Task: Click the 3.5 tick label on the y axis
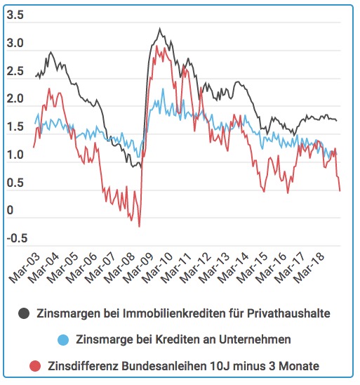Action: [15, 15]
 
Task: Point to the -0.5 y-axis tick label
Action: [17, 238]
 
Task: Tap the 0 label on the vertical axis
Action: [10, 210]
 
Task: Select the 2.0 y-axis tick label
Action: [15, 98]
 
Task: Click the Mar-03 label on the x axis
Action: [24, 268]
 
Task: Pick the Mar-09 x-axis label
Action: [138, 268]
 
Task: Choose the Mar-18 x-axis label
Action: [309, 268]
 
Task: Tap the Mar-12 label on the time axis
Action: [195, 268]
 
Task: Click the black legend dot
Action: [24, 313]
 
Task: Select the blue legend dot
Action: [63, 340]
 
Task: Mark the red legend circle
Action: [35, 366]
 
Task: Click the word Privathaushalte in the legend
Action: [288, 313]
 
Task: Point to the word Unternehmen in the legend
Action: [255, 339]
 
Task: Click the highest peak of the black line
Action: [160, 29]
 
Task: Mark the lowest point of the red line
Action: [139, 226]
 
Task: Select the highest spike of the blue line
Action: [163, 89]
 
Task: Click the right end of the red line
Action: [340, 191]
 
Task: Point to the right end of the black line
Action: [336, 120]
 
